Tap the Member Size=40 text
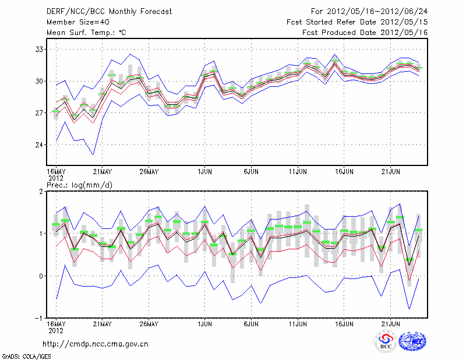click(73, 22)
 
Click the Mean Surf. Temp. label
click(86, 33)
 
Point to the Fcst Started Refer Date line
click(357, 22)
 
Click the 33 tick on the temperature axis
click(40, 50)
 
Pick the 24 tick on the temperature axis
click(40, 145)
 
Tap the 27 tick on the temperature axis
click(40, 113)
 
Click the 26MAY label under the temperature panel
click(149, 172)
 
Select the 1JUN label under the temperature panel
click(204, 172)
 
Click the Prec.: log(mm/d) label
click(79, 184)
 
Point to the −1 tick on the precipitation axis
click(40, 319)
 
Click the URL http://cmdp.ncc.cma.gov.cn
click(96, 344)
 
